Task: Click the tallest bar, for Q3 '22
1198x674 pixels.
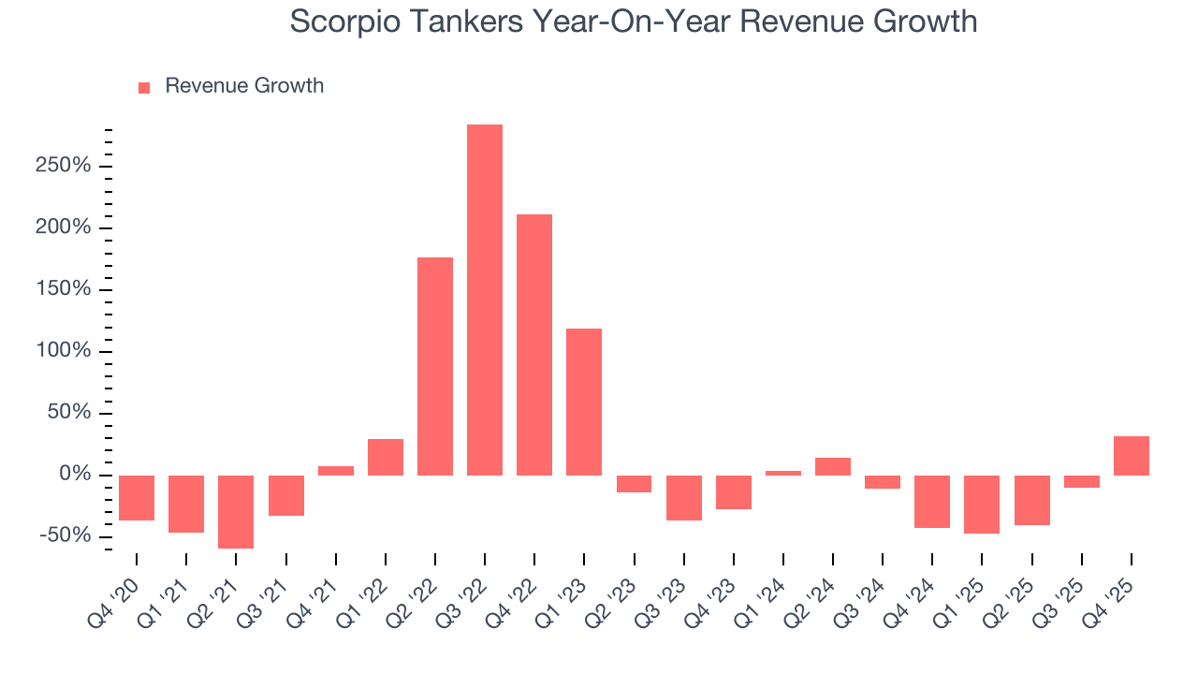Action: click(x=485, y=300)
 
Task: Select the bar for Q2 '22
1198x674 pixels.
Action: click(x=435, y=366)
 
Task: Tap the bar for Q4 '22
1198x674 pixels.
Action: click(x=534, y=344)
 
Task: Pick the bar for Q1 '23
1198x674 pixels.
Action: click(x=584, y=402)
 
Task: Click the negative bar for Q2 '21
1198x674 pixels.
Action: click(x=236, y=511)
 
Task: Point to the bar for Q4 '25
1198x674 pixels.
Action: click(x=1132, y=456)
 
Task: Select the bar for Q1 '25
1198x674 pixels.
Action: click(x=982, y=504)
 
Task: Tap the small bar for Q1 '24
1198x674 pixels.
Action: click(x=783, y=473)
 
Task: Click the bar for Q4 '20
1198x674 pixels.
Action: click(x=137, y=497)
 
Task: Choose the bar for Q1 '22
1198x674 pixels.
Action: click(x=386, y=457)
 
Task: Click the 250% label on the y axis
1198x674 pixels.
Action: click(x=62, y=167)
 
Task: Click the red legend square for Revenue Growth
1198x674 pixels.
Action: click(x=144, y=87)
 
